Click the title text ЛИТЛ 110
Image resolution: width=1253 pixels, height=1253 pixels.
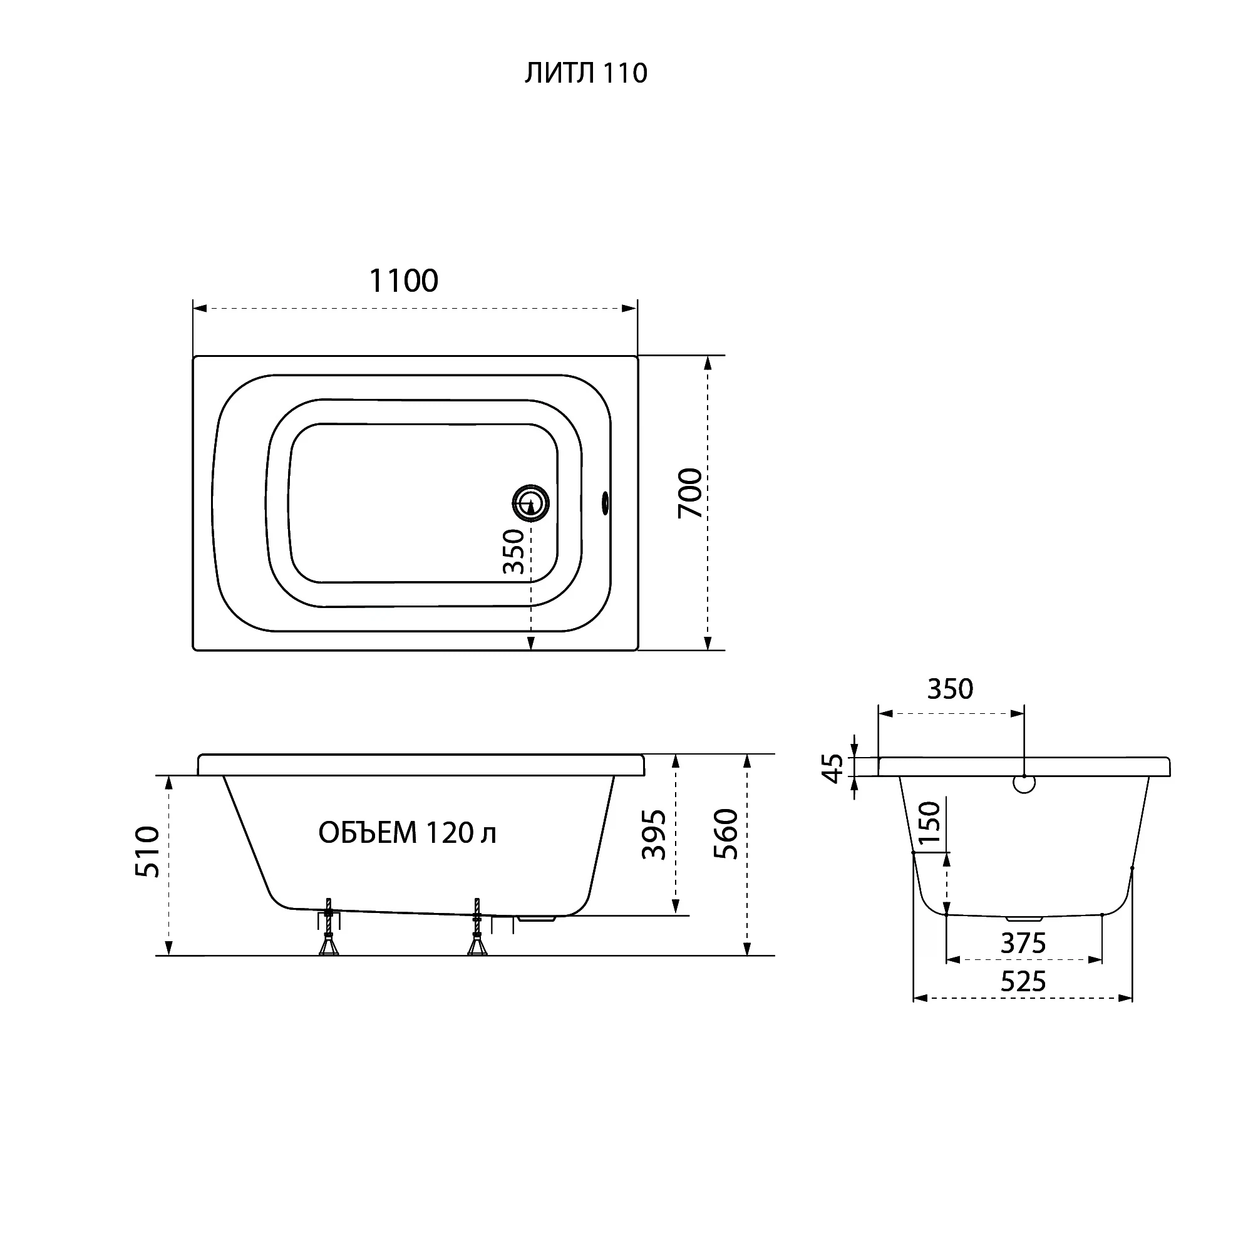(x=585, y=73)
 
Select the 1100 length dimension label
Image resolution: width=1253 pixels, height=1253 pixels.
(x=403, y=281)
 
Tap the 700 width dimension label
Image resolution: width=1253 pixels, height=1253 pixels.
(x=690, y=493)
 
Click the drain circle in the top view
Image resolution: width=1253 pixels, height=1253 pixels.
(x=531, y=503)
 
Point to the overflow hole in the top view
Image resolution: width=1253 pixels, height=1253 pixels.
(x=606, y=503)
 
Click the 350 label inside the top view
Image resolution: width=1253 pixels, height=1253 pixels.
(x=513, y=552)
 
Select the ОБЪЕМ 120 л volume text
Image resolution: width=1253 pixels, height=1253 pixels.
(x=407, y=833)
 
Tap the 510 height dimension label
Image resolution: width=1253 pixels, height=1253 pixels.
(x=148, y=852)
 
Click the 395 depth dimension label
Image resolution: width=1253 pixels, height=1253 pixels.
(x=654, y=835)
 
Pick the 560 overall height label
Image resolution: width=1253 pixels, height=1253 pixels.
(x=726, y=834)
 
